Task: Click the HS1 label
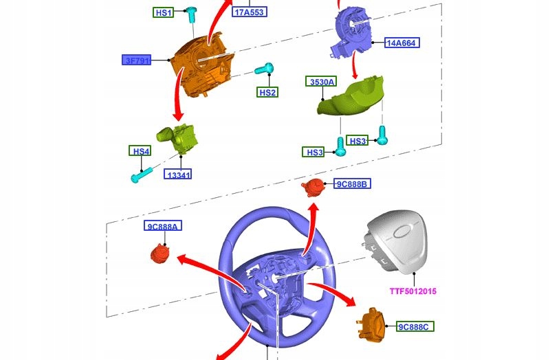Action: click(x=163, y=12)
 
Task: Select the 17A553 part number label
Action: click(x=250, y=12)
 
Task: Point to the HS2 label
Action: click(x=267, y=92)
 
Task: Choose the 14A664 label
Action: click(x=402, y=43)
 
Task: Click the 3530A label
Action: click(x=321, y=82)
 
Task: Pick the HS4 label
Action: click(x=140, y=150)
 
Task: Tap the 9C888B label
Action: click(x=352, y=183)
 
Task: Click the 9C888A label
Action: click(x=163, y=226)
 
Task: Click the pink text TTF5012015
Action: click(x=413, y=291)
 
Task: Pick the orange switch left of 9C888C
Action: click(x=373, y=324)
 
